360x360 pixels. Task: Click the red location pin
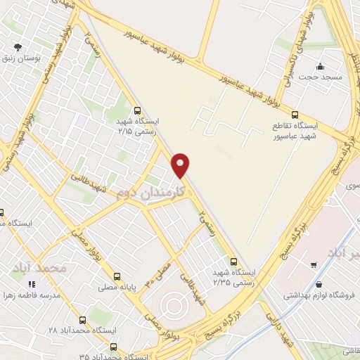(x=181, y=165)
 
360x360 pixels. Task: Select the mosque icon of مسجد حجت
(x=321, y=67)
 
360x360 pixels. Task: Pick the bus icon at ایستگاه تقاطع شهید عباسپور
(x=295, y=115)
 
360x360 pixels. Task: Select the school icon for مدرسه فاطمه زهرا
(x=31, y=284)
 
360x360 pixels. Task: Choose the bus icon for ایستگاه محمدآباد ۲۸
(x=82, y=319)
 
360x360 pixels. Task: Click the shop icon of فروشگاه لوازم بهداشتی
(x=321, y=285)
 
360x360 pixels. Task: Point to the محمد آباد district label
(x=39, y=268)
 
